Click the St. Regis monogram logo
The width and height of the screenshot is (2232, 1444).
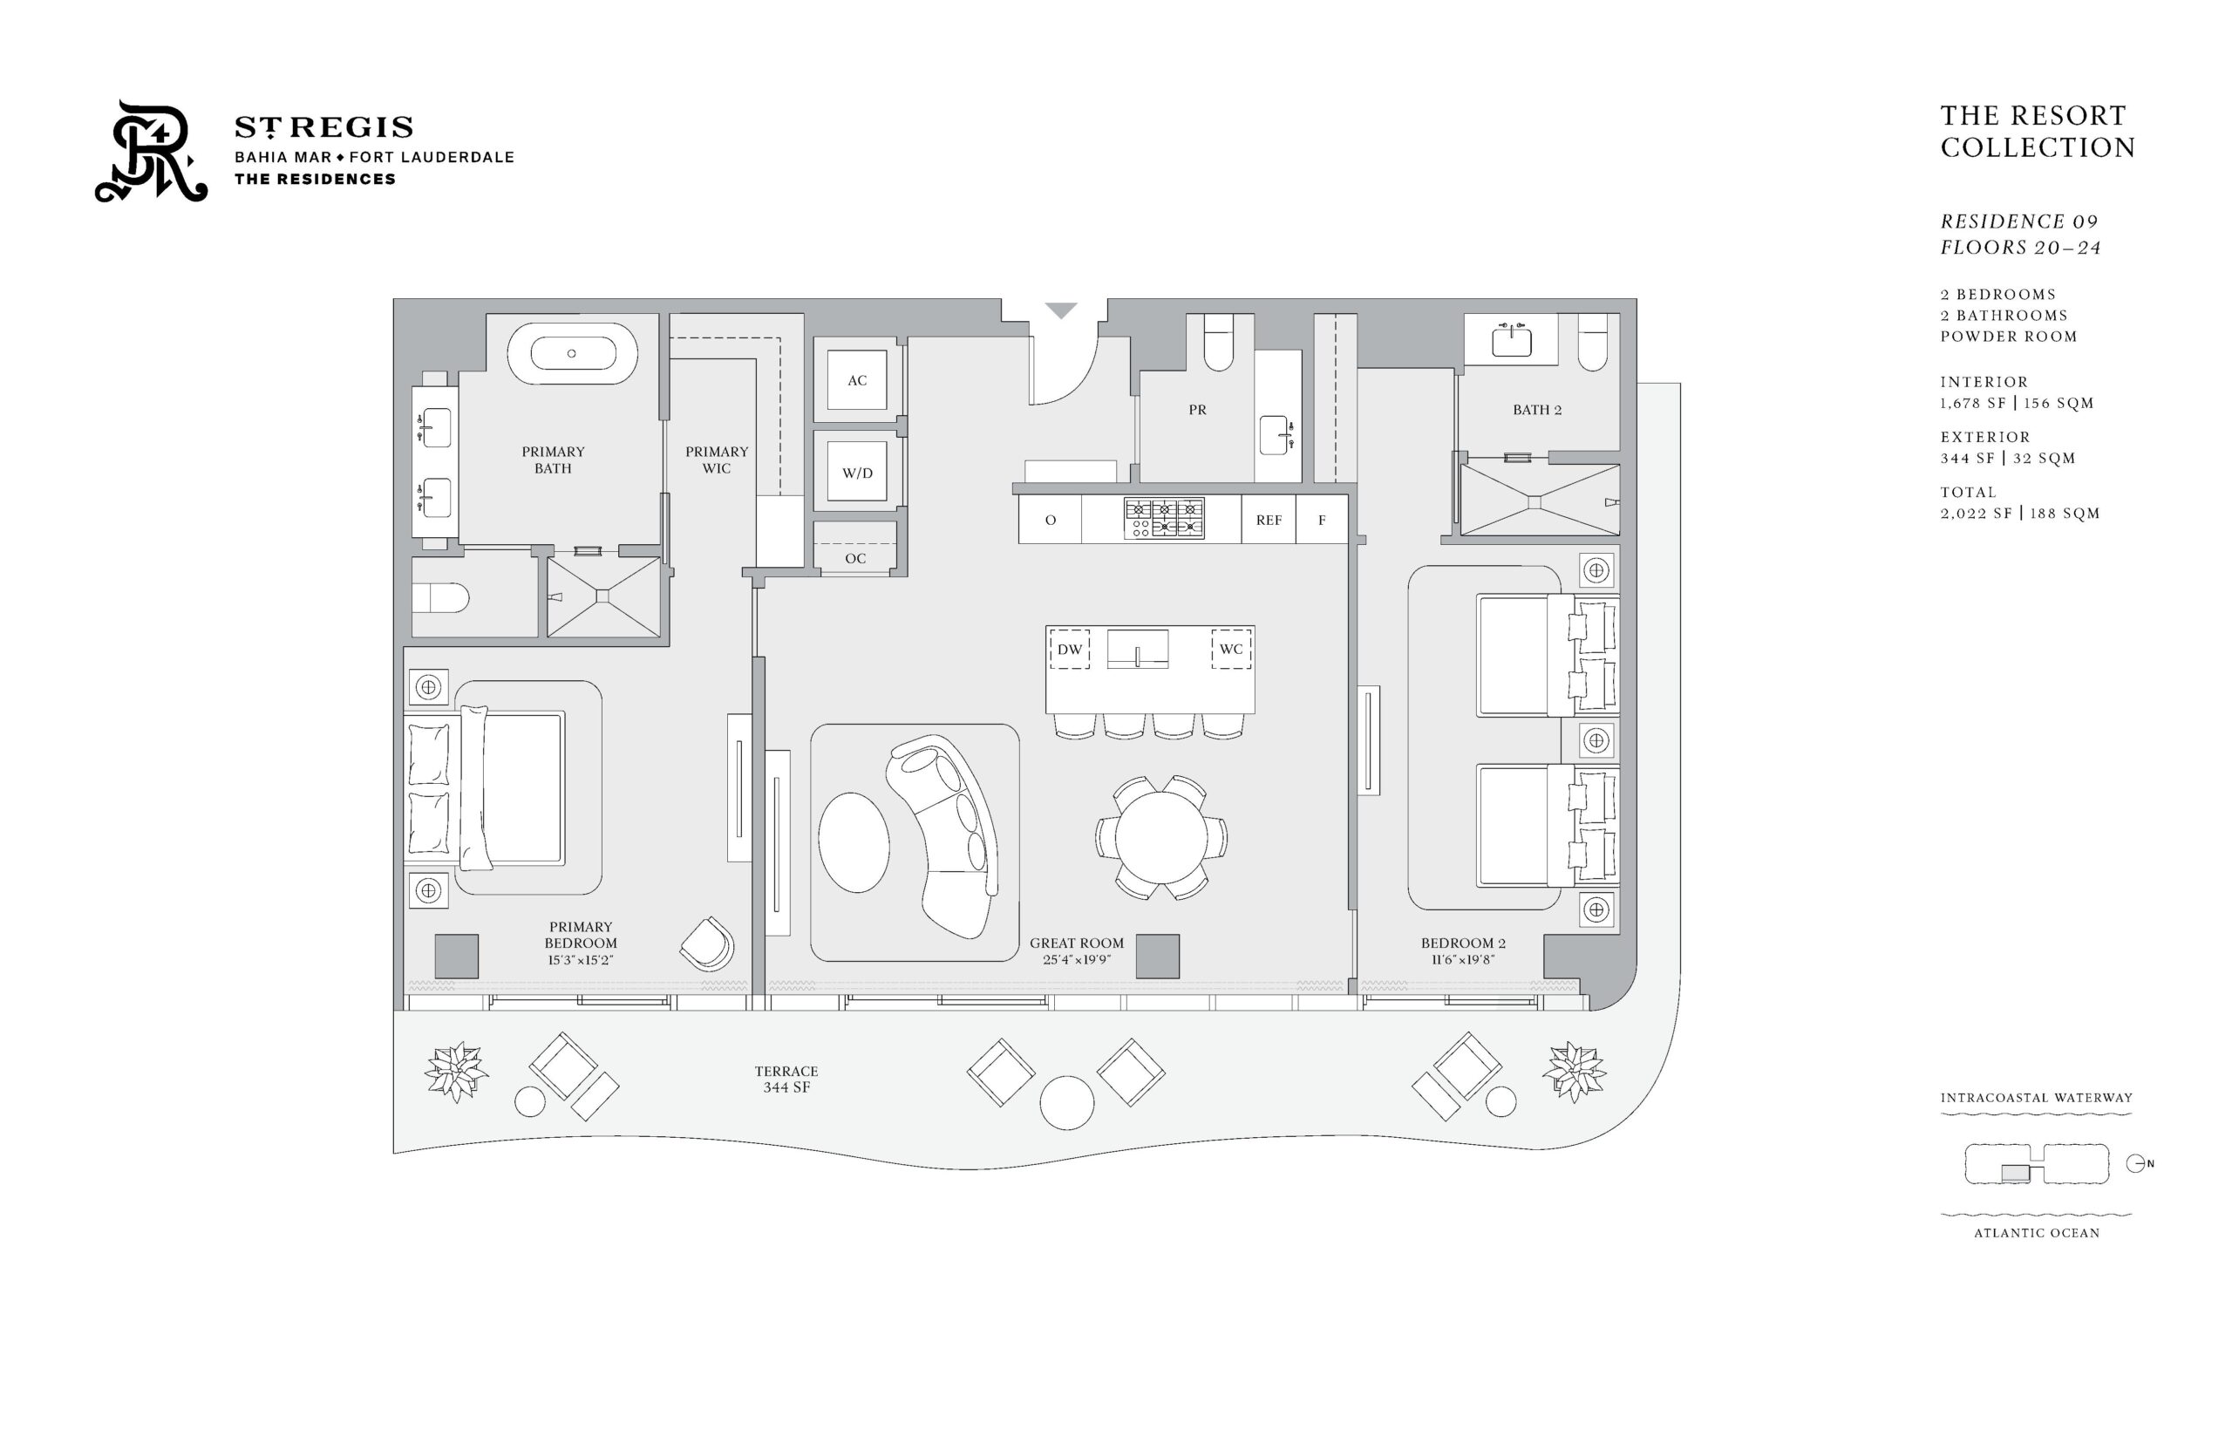point(150,151)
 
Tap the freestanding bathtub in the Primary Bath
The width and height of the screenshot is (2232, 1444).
point(572,353)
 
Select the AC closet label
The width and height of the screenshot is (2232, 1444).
point(857,381)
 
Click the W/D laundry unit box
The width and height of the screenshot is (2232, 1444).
point(857,472)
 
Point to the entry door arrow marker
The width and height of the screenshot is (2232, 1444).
point(1060,310)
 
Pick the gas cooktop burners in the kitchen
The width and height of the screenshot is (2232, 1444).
point(1164,519)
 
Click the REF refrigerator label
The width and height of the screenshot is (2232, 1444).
point(1269,521)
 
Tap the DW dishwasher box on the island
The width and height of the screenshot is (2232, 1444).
point(1070,649)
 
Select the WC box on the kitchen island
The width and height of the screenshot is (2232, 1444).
point(1231,649)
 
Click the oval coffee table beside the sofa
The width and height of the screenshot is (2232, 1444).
point(854,842)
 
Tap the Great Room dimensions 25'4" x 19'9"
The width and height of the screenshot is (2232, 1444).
point(1076,960)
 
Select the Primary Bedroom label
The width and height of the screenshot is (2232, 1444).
point(581,935)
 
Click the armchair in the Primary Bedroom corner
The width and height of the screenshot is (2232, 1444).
point(708,943)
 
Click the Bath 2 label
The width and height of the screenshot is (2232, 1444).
point(1536,410)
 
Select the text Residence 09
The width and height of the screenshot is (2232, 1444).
point(2018,221)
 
